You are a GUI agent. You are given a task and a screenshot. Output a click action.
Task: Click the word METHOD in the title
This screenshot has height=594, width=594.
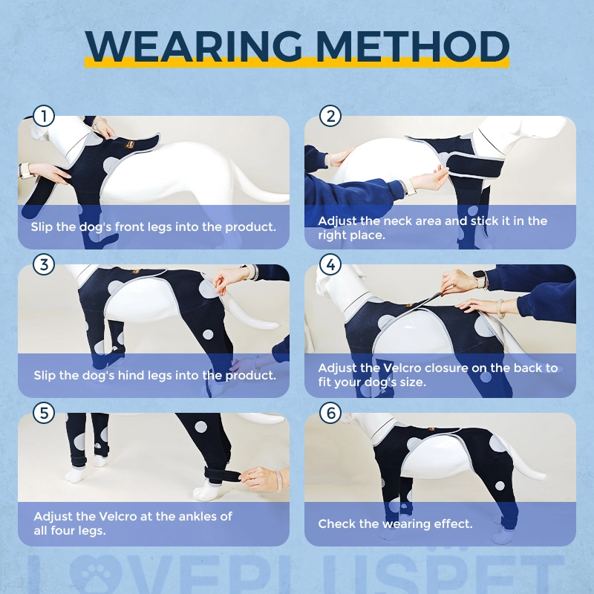coord(412,46)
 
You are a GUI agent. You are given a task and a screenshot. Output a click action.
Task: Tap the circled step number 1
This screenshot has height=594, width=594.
coord(44,116)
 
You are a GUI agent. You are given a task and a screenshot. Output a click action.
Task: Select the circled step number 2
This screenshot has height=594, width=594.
coord(330,116)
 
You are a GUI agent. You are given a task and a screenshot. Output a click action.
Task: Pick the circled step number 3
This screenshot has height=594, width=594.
coord(44,264)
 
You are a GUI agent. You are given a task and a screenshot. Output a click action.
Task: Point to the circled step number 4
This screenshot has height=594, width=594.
coord(330,264)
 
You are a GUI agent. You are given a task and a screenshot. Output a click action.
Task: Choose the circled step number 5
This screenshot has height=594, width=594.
coord(44,413)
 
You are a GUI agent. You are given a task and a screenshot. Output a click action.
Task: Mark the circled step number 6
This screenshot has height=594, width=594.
coord(330,413)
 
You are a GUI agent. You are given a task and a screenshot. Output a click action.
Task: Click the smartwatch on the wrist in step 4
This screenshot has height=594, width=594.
coord(480,279)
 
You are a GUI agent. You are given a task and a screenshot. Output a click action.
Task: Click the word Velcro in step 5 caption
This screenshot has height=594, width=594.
coord(117,516)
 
